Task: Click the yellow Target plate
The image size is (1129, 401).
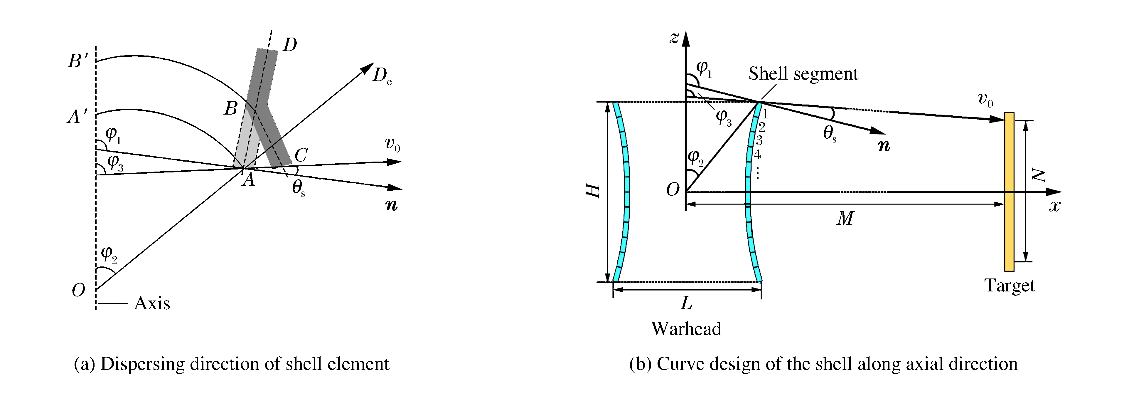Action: pyautogui.click(x=1009, y=192)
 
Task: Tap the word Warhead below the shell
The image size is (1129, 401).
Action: pyautogui.click(x=686, y=329)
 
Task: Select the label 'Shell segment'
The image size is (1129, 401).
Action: pyautogui.click(x=803, y=74)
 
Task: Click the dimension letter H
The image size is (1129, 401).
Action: pyautogui.click(x=593, y=191)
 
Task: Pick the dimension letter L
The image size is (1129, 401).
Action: pyautogui.click(x=686, y=303)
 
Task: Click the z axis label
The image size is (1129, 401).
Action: pyautogui.click(x=674, y=38)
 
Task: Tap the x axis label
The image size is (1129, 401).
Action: pyautogui.click(x=1054, y=206)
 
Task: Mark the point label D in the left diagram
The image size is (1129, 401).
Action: pyautogui.click(x=290, y=44)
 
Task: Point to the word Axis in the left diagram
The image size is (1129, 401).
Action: pyautogui.click(x=152, y=303)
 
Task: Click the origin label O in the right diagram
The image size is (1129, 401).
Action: pyautogui.click(x=673, y=189)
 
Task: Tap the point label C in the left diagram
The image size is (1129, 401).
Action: pyautogui.click(x=301, y=155)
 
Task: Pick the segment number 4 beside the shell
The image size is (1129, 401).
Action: pyautogui.click(x=757, y=155)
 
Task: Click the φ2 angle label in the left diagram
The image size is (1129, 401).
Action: pyautogui.click(x=109, y=254)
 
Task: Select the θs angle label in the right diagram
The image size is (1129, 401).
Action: pyautogui.click(x=830, y=133)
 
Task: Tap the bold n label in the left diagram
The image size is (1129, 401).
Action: pyautogui.click(x=391, y=204)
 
